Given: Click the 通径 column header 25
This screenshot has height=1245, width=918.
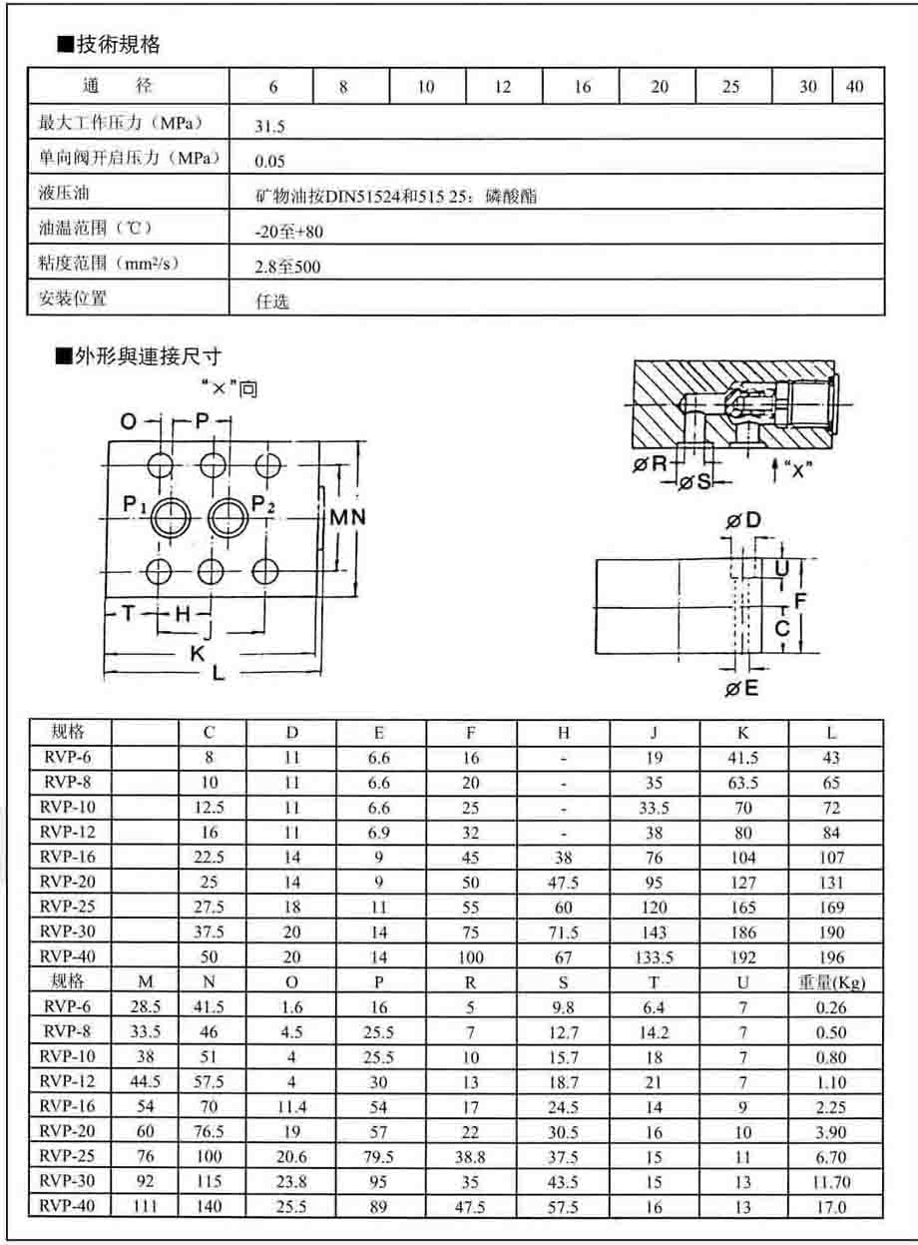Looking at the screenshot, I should point(731,87).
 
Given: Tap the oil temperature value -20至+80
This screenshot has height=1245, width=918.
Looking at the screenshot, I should point(289,232).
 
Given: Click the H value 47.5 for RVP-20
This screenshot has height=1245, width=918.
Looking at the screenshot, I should point(564,883).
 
